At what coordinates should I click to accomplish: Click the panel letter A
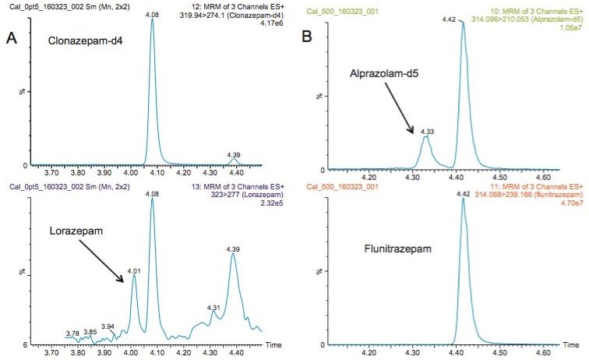tap(13, 37)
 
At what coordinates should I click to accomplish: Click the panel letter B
tap(307, 37)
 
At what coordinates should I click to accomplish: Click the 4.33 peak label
tap(425, 131)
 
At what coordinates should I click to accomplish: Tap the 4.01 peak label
tap(135, 270)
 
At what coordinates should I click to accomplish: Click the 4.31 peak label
tap(215, 308)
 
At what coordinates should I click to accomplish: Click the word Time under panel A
tap(273, 344)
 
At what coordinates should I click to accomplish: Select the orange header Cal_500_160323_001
tap(343, 187)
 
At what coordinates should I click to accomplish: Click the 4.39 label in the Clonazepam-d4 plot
tap(234, 155)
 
